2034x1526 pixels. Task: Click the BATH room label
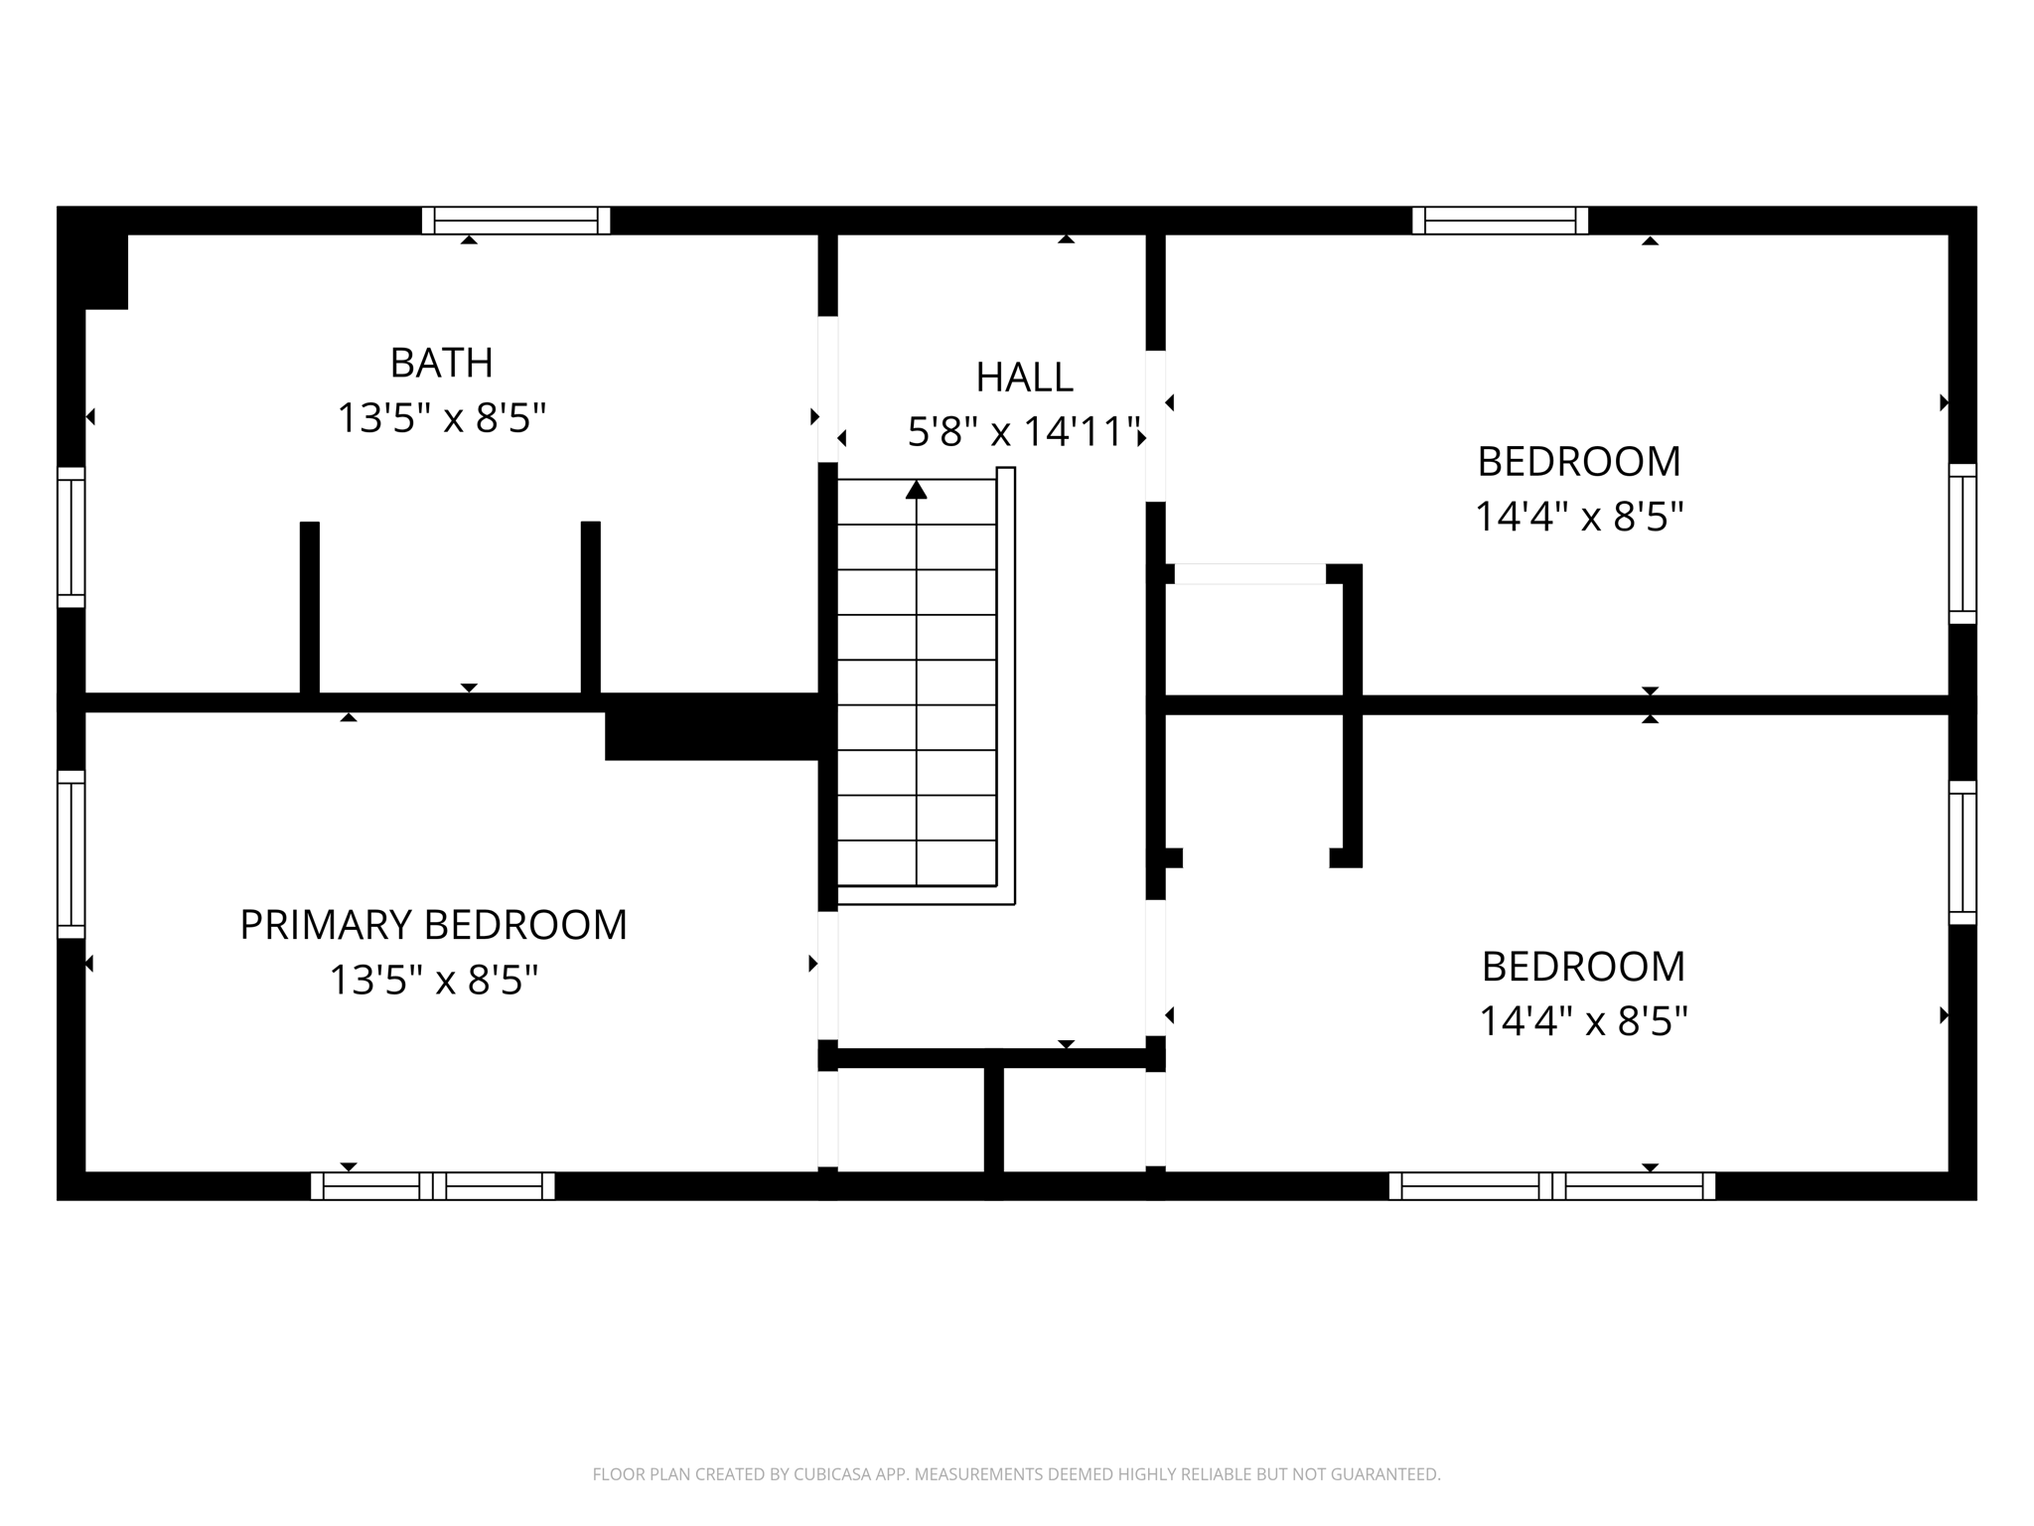(441, 363)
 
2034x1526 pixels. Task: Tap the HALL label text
(1024, 378)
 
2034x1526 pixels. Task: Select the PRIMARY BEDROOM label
(433, 925)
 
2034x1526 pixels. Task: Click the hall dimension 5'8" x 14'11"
(1024, 432)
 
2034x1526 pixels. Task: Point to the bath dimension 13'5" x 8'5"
(441, 418)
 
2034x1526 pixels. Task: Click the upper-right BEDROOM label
(1578, 462)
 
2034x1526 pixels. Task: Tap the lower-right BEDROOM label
(1583, 967)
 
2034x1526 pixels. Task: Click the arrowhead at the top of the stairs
(916, 490)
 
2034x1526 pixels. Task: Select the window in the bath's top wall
(515, 221)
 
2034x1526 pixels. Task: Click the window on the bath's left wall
(72, 536)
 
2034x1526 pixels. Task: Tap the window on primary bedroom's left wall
(72, 854)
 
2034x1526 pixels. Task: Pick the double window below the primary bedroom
(432, 1186)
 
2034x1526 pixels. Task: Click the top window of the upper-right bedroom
(1500, 221)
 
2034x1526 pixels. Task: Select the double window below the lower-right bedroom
(1551, 1186)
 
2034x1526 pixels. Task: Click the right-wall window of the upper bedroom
(1961, 543)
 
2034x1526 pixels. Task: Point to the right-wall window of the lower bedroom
(1961, 852)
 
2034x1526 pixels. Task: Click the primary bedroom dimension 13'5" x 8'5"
(433, 981)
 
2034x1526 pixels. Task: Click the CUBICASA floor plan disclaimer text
(1016, 1474)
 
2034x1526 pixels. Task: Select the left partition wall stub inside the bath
(310, 608)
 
